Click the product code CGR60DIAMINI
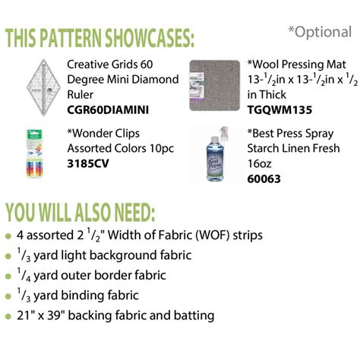108,110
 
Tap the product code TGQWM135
279,110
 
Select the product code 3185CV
88,164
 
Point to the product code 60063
264,179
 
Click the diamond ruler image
43,87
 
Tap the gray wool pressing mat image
215,86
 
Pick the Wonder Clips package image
35,153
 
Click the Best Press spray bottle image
215,154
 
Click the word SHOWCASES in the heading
150,38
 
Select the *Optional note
320,32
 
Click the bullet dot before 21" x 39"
8,317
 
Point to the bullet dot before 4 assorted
8,236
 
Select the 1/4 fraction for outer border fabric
24,275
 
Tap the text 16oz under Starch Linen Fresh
259,163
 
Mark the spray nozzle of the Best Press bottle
223,132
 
